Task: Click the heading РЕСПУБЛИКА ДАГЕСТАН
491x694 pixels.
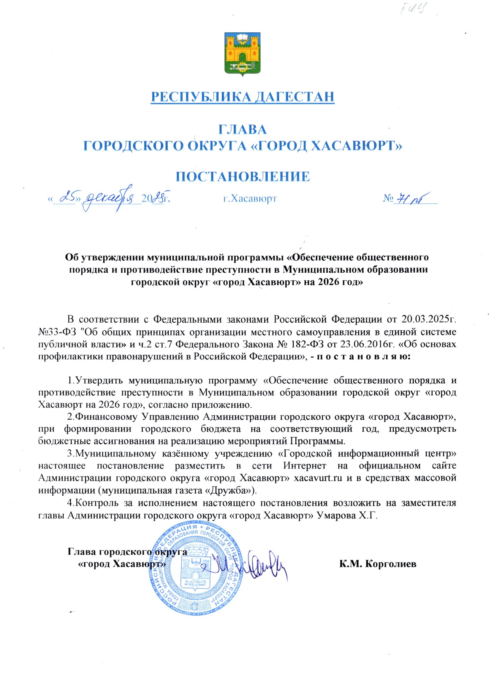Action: [x=243, y=97]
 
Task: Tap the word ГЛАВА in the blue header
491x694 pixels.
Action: [x=243, y=129]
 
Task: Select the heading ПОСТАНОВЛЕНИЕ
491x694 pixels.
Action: [x=243, y=177]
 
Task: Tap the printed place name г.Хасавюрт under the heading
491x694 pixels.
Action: [x=250, y=199]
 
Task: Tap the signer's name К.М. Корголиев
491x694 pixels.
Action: [x=378, y=564]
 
